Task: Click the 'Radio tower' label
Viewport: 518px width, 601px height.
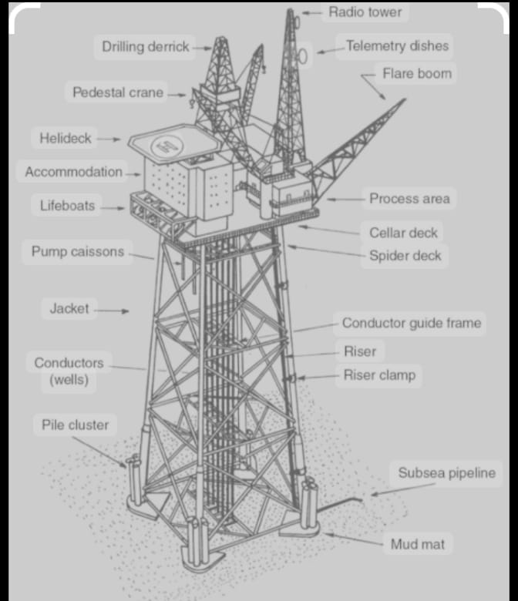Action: pyautogui.click(x=365, y=12)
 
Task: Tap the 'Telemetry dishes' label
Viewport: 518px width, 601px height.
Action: pyautogui.click(x=397, y=45)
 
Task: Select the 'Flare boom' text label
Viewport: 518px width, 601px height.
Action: pyautogui.click(x=417, y=73)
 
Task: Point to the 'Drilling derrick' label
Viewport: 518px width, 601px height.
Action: pyautogui.click(x=146, y=47)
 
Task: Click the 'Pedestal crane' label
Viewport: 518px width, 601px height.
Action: pyautogui.click(x=118, y=92)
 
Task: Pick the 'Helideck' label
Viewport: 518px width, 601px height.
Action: pyautogui.click(x=66, y=138)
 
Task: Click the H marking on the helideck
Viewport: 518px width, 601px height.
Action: pyautogui.click(x=167, y=146)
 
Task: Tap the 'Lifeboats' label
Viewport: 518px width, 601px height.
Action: pyautogui.click(x=68, y=206)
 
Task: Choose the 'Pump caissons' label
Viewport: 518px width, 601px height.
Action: pyautogui.click(x=78, y=251)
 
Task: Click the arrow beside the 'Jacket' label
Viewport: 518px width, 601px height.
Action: pyautogui.click(x=112, y=311)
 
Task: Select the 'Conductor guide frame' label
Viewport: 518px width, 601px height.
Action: pyautogui.click(x=412, y=323)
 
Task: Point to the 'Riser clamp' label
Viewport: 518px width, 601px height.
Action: pyautogui.click(x=379, y=375)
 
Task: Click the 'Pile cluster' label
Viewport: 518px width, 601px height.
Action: pyautogui.click(x=75, y=425)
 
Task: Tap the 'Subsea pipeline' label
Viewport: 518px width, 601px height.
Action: pyautogui.click(x=446, y=472)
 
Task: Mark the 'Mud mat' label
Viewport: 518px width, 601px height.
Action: pyautogui.click(x=418, y=544)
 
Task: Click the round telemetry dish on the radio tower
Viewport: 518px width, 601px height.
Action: pyautogui.click(x=303, y=56)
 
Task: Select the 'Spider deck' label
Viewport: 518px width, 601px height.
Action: pyautogui.click(x=405, y=256)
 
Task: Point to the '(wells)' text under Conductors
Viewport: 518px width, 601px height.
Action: pyautogui.click(x=69, y=380)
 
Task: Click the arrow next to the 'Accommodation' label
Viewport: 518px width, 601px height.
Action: pyautogui.click(x=133, y=174)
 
